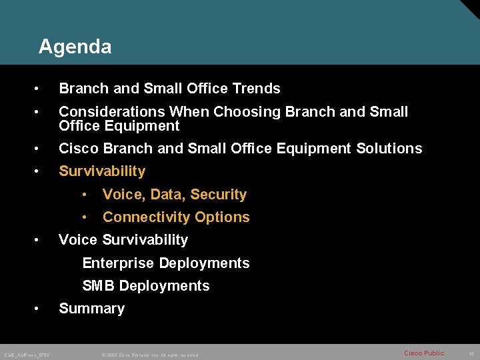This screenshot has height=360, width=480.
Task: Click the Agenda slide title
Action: click(75, 47)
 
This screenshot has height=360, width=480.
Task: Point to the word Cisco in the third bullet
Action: click(77, 149)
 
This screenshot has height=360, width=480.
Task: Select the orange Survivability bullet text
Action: click(102, 171)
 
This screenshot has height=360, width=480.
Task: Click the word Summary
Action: click(92, 309)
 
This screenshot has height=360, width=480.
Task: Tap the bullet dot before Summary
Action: click(41, 309)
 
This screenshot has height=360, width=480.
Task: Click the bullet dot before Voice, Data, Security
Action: click(85, 195)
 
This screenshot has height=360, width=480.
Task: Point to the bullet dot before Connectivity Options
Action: click(85, 217)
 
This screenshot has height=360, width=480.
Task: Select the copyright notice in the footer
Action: click(151, 355)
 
